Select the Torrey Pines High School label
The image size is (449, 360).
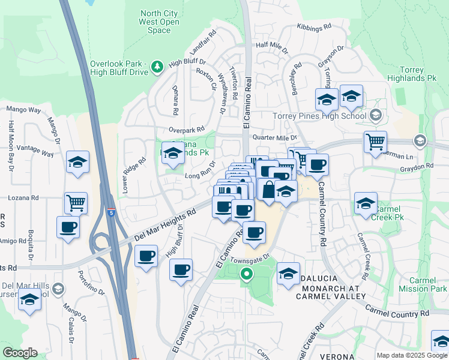(319, 116)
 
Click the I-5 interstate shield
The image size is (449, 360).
(111, 212)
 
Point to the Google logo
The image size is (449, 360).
(20, 353)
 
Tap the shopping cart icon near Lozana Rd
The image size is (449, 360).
(76, 203)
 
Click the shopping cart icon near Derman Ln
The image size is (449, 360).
(375, 142)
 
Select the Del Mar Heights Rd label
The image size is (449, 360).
(166, 226)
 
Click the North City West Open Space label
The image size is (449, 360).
(159, 22)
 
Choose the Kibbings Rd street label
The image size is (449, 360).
(315, 27)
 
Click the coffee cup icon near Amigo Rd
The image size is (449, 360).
(68, 227)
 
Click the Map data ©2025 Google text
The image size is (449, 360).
(412, 355)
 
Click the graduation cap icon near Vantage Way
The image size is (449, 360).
(77, 162)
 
